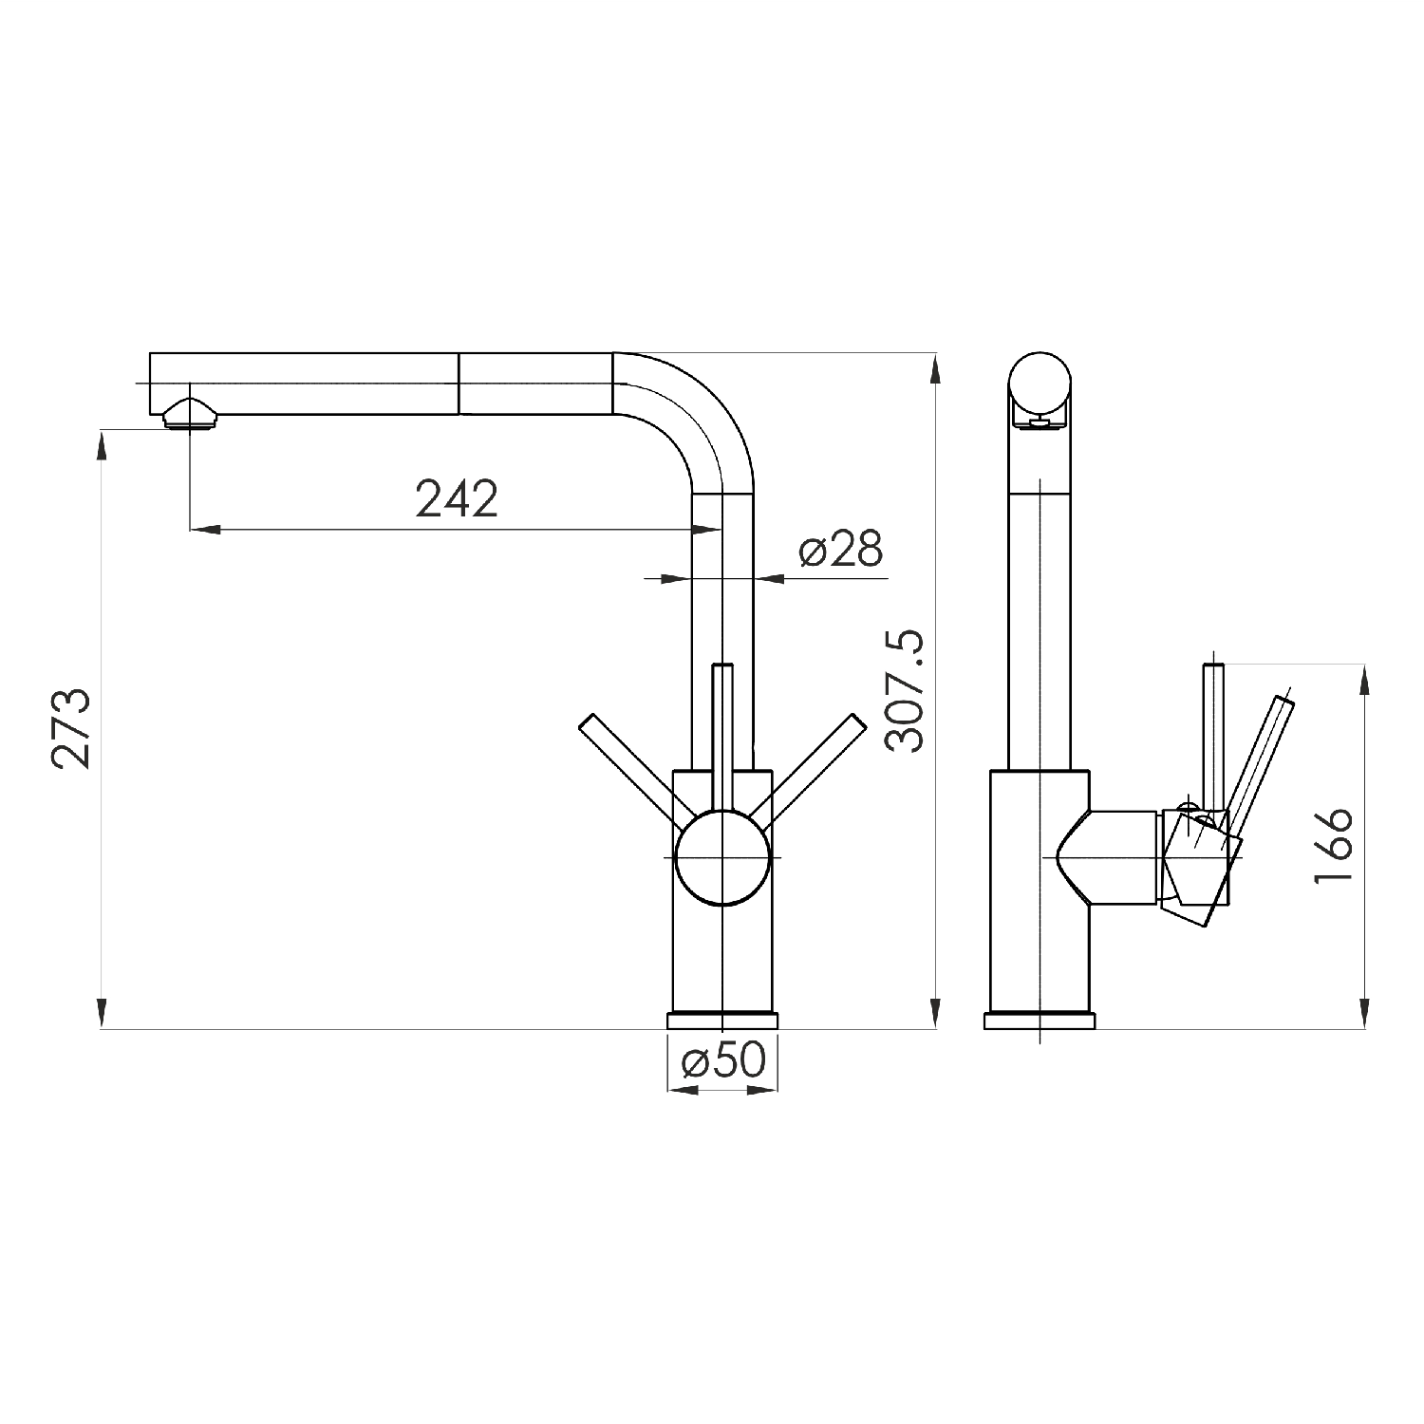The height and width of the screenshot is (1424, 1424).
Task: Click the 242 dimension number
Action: tap(457, 498)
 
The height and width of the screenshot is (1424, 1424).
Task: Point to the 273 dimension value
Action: tap(72, 728)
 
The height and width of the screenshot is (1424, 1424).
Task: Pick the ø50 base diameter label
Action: tap(723, 1060)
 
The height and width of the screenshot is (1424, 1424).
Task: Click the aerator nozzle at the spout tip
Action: tap(190, 414)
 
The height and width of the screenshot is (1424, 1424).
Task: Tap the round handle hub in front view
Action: tap(722, 857)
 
